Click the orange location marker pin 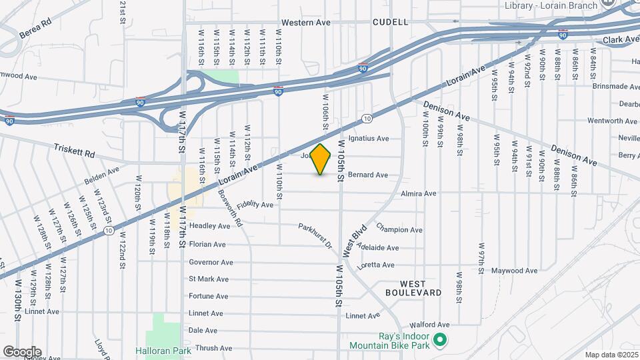click(321, 159)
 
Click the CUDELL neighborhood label click(390, 22)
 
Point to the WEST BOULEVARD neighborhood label click(413, 288)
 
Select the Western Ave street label click(306, 22)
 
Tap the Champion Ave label click(399, 228)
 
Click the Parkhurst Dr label click(315, 236)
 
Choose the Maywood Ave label click(514, 271)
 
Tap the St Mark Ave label click(209, 279)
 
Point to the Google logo click(22, 352)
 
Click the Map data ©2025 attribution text click(611, 355)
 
